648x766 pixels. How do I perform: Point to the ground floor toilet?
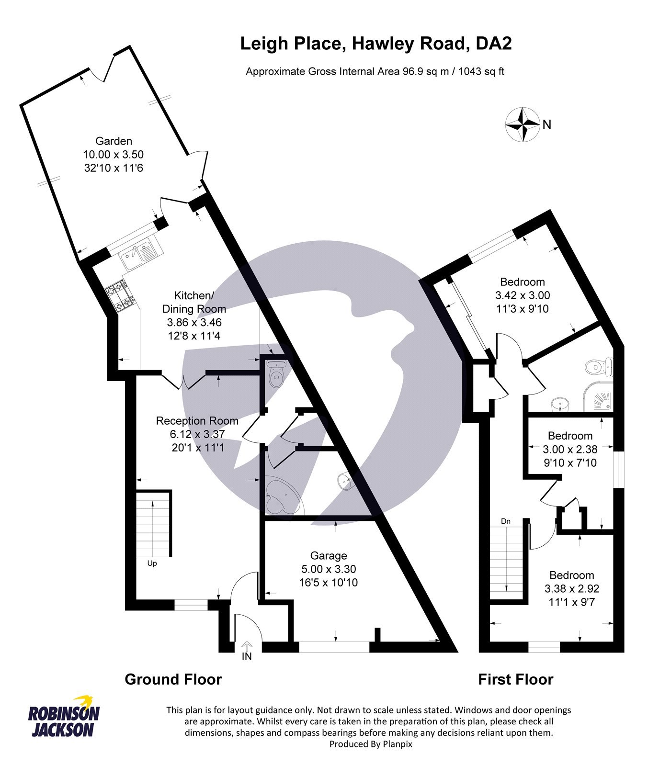pyautogui.click(x=276, y=376)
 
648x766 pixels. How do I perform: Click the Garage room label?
pyautogui.click(x=328, y=556)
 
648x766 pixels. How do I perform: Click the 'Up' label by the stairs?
pyautogui.click(x=152, y=563)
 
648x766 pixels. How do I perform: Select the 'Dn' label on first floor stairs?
pyautogui.click(x=506, y=521)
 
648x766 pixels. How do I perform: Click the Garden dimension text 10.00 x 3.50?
pyautogui.click(x=114, y=155)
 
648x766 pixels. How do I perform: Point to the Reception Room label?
pyautogui.click(x=197, y=421)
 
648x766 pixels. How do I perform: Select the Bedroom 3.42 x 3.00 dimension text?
pyautogui.click(x=523, y=295)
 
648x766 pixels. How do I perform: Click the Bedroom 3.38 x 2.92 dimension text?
pyautogui.click(x=572, y=589)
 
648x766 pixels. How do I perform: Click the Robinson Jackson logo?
pyautogui.click(x=64, y=717)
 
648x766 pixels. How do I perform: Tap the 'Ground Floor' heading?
pyautogui.click(x=173, y=679)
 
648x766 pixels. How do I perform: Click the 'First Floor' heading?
pyautogui.click(x=515, y=679)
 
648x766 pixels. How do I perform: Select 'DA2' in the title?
pyautogui.click(x=493, y=44)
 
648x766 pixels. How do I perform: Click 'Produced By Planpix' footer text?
pyautogui.click(x=371, y=744)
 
